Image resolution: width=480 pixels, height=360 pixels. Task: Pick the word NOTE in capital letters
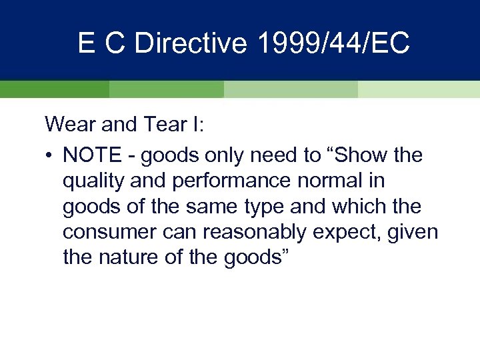pos(91,156)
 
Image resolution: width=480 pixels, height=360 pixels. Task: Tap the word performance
pos(226,181)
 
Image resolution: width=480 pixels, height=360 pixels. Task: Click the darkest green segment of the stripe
pos(54,89)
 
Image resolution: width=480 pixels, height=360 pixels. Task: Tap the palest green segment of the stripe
pos(419,89)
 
